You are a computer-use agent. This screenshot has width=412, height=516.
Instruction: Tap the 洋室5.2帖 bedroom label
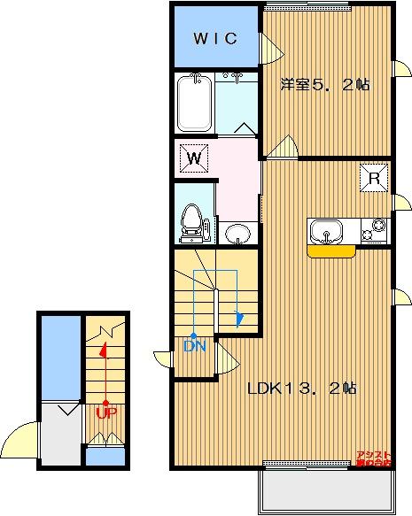[x=325, y=85]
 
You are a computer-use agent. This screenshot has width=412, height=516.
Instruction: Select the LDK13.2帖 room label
[x=301, y=388]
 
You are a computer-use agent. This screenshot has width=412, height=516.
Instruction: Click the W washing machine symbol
[x=194, y=159]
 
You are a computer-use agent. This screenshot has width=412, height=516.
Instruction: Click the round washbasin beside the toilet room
[x=237, y=234]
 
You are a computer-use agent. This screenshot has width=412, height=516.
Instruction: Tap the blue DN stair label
[x=194, y=346]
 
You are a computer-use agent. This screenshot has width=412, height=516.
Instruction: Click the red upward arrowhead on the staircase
[x=104, y=350]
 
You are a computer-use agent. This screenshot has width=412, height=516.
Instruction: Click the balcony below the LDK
[x=324, y=489]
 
